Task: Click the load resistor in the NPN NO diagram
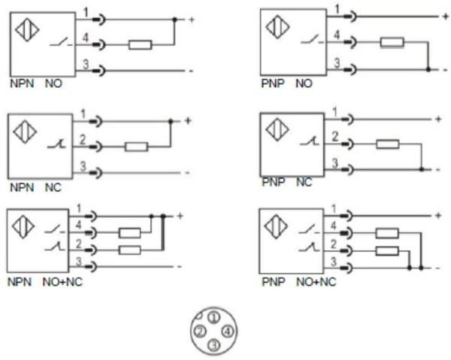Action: click(141, 45)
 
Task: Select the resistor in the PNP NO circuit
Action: click(392, 42)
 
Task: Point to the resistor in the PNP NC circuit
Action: click(387, 144)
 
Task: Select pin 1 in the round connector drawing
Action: click(213, 319)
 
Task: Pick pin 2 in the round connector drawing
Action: click(200, 331)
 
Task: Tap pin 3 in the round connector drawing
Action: click(213, 344)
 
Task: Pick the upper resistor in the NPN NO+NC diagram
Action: click(130, 233)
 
